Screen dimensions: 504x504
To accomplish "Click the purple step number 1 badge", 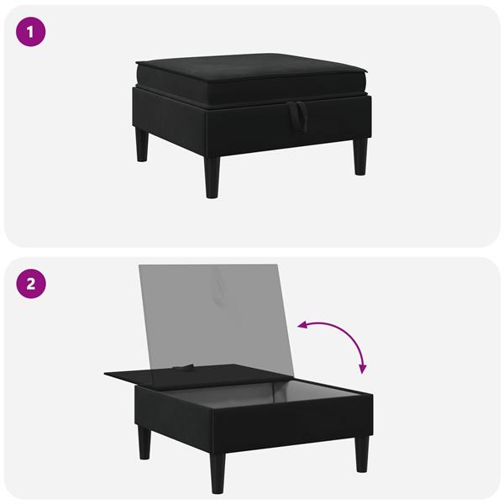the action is click(x=30, y=32).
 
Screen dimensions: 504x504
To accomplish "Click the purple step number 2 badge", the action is click(x=31, y=284).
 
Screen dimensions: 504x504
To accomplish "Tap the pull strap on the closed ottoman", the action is click(x=297, y=116).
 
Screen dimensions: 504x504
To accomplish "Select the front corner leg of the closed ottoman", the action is click(x=212, y=176).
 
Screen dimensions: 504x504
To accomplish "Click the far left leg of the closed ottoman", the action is click(x=142, y=144).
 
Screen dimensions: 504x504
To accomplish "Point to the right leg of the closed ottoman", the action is click(x=360, y=156).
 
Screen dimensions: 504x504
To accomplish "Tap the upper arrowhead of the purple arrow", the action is click(x=302, y=326).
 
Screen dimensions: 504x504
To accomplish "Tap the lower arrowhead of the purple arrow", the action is click(x=363, y=370).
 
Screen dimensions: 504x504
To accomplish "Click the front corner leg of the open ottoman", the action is click(x=218, y=473).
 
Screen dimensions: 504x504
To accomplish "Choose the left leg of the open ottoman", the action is click(x=145, y=441).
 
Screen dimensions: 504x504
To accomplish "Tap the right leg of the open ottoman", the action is click(x=363, y=454).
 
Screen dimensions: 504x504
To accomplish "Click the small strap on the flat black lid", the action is click(x=183, y=366).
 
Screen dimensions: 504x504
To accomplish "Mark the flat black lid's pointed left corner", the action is click(x=104, y=373).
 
